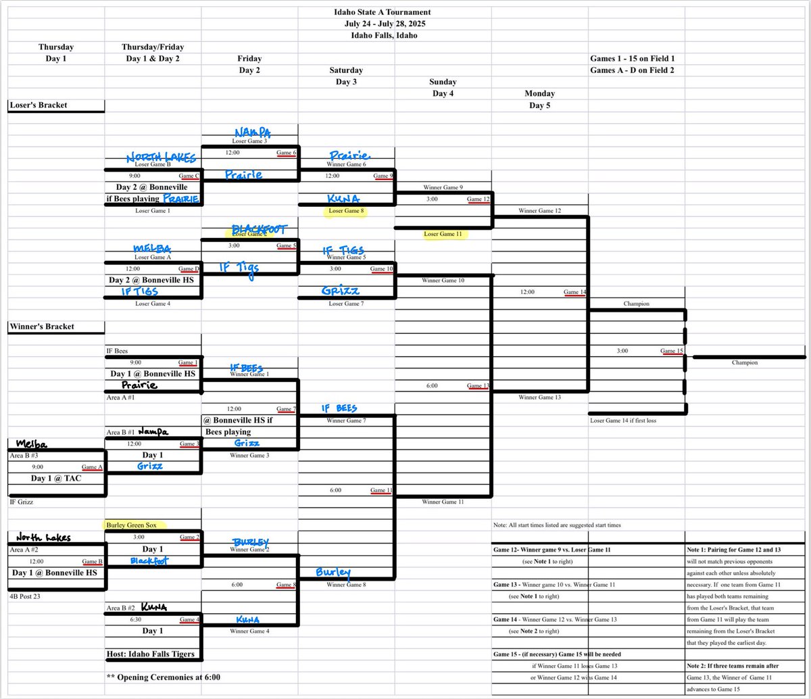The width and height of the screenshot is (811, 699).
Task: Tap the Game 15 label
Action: [x=672, y=351]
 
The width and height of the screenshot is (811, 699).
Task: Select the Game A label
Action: [x=92, y=467]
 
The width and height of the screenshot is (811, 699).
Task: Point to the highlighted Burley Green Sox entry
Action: [x=137, y=525]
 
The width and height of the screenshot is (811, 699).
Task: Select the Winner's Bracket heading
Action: [x=41, y=327]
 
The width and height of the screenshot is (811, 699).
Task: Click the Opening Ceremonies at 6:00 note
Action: [x=163, y=677]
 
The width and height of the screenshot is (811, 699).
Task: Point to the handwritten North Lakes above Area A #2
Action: [x=42, y=538]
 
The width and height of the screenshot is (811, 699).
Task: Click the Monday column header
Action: [x=539, y=94]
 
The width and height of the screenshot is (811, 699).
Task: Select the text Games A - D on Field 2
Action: [x=632, y=70]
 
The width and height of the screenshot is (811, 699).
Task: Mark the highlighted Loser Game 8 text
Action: [x=346, y=211]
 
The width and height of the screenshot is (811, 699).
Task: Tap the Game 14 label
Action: [x=574, y=293]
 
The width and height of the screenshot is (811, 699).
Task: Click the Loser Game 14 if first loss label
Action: [x=623, y=420]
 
